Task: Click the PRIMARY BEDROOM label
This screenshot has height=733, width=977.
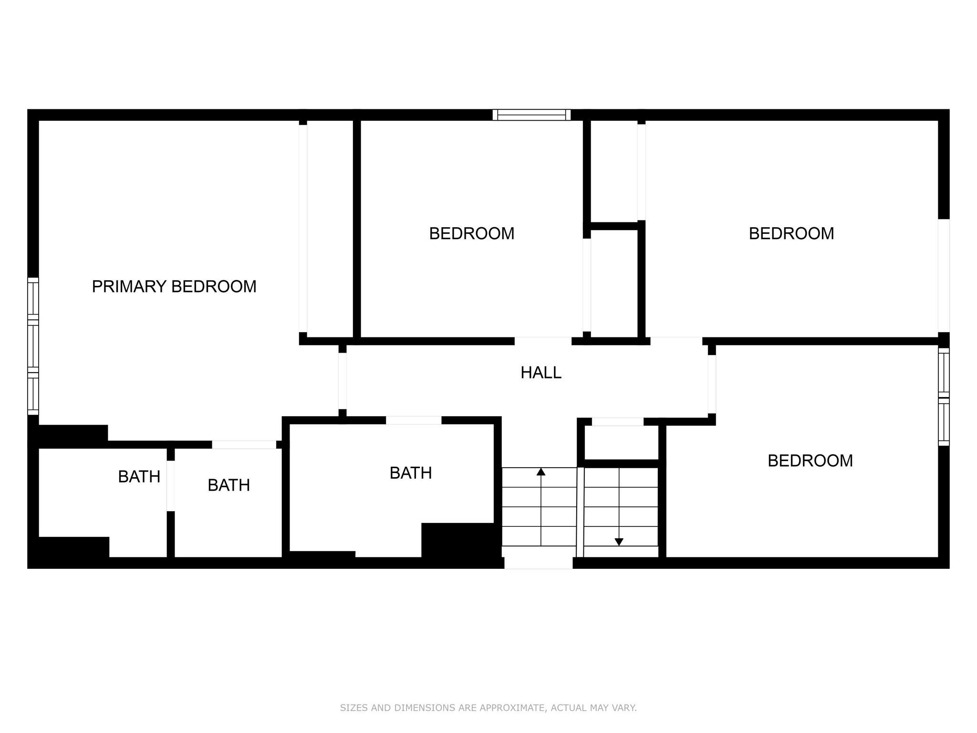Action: [174, 286]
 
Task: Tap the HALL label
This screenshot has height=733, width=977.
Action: [540, 372]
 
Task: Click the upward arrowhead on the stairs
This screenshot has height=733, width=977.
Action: [540, 472]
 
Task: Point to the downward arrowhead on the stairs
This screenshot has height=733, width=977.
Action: [619, 542]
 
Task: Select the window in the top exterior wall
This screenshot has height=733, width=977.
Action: [531, 115]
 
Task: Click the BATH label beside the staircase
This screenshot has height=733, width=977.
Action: [410, 473]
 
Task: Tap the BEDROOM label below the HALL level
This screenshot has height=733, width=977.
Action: [810, 461]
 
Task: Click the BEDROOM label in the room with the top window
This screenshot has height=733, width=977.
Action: [471, 233]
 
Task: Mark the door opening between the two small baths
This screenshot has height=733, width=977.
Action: [171, 485]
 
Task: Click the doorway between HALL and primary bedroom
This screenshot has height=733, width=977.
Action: [343, 381]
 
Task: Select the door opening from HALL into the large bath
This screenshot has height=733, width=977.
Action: [414, 420]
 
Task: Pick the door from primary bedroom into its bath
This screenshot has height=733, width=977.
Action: [244, 444]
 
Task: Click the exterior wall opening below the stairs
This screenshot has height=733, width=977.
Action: [539, 563]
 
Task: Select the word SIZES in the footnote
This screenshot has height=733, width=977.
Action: [354, 708]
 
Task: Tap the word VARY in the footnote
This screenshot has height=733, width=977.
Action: [625, 708]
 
